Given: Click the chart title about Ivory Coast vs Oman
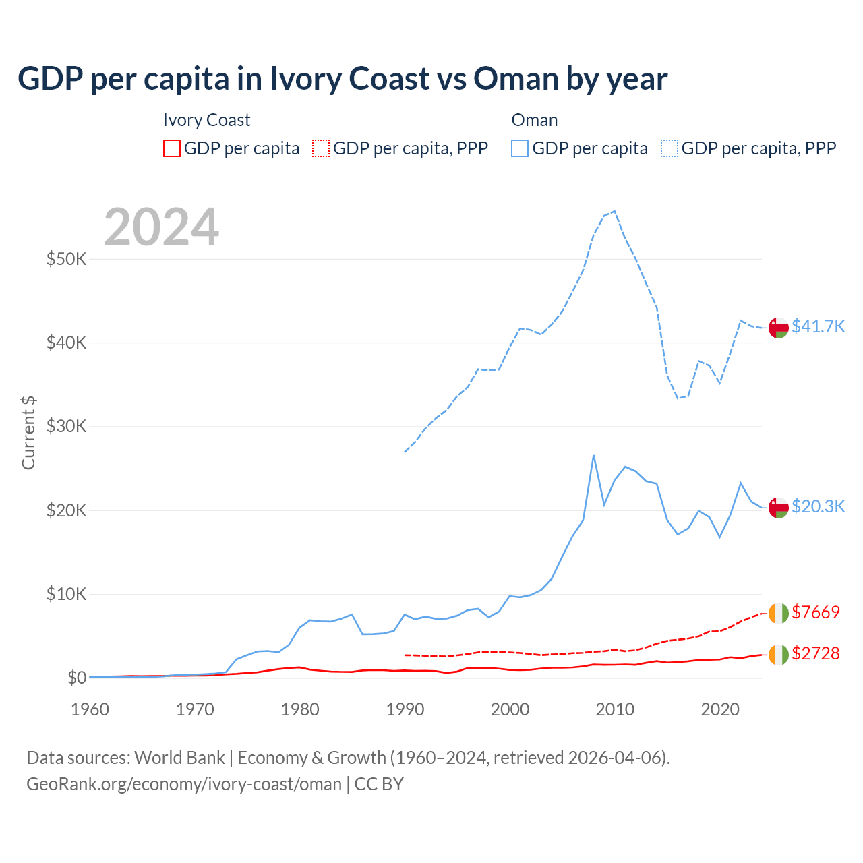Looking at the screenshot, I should [x=343, y=79].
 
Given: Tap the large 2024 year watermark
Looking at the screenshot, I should [x=162, y=227].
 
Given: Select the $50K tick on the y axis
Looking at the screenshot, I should [x=66, y=259].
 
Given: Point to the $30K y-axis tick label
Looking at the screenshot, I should [x=66, y=426].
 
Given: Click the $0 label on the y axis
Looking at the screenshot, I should [x=76, y=678].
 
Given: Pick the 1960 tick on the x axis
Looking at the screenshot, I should [x=90, y=709].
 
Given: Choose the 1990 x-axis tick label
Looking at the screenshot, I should [x=405, y=709].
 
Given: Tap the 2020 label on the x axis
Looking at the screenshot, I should [x=720, y=709].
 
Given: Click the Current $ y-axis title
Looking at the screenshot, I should [x=28, y=433].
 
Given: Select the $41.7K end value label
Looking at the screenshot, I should [x=818, y=326].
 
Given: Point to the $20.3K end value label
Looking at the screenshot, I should [x=818, y=506].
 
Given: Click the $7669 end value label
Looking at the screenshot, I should [x=815, y=612].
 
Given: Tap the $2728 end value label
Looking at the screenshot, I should [x=815, y=653].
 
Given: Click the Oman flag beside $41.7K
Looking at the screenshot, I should [x=779, y=327].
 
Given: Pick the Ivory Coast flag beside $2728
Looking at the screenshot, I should [x=779, y=654].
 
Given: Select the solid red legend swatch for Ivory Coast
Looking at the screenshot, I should [x=172, y=148].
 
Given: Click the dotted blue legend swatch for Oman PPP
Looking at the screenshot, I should [x=669, y=148].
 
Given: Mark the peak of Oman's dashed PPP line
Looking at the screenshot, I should [x=614, y=211].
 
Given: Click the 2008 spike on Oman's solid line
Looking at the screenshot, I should [x=593, y=455].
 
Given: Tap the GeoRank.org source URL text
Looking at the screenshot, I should [x=184, y=784].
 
